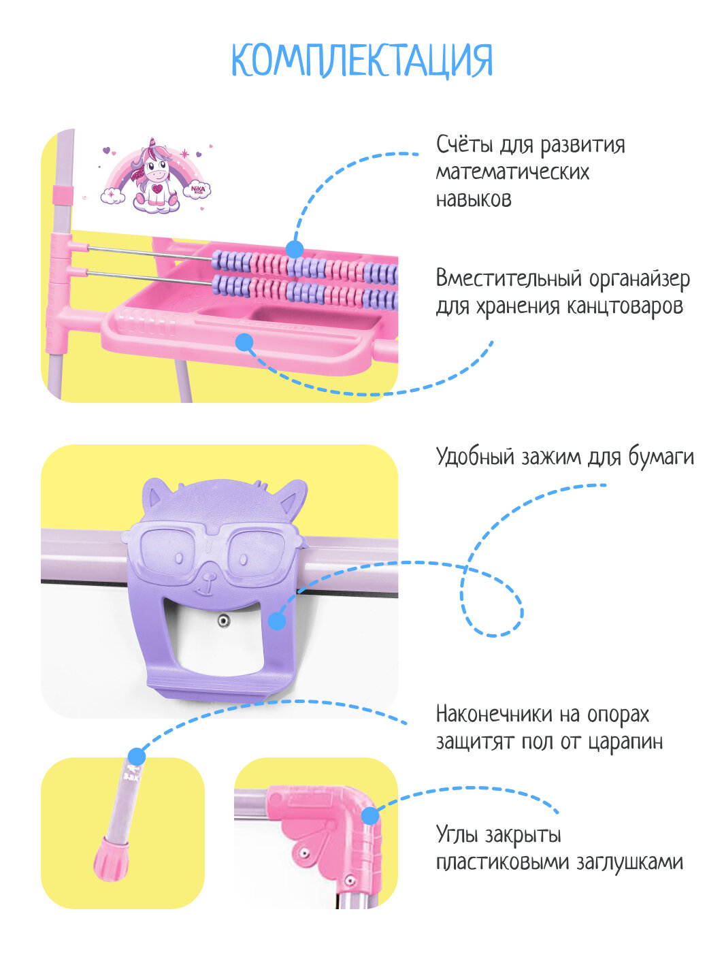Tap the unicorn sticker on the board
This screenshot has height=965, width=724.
tap(155, 176)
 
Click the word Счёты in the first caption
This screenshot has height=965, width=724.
tap(465, 144)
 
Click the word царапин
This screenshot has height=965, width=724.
tap(627, 741)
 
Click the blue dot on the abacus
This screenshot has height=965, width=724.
tap(295, 249)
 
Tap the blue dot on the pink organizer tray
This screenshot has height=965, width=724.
tap(244, 342)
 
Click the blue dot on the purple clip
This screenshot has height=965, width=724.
tap(277, 621)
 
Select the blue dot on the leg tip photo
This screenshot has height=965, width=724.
tap(137, 756)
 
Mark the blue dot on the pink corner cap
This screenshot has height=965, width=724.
tap(370, 815)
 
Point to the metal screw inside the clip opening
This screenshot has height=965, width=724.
tap(223, 621)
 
